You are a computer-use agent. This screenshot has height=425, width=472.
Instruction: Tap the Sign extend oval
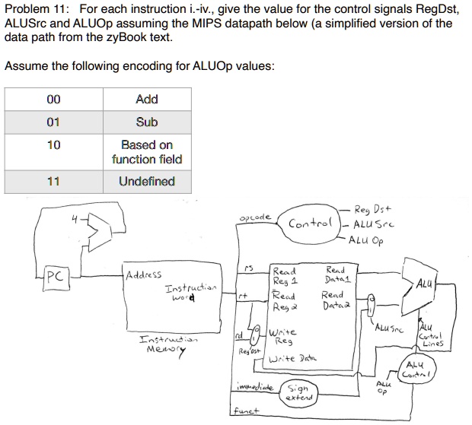(x=298, y=393)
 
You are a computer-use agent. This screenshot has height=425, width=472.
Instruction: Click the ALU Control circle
(x=416, y=369)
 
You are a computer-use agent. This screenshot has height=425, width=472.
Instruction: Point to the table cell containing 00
(x=53, y=99)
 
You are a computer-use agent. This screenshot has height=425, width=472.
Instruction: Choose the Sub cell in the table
(x=147, y=122)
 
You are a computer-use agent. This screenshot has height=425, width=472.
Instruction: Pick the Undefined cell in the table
(x=147, y=182)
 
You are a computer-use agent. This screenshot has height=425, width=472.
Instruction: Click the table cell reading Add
(x=147, y=99)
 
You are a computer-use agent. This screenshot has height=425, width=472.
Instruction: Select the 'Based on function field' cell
(x=147, y=152)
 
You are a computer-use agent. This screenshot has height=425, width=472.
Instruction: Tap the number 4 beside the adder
(x=75, y=220)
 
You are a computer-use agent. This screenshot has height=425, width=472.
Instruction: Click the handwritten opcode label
(x=255, y=217)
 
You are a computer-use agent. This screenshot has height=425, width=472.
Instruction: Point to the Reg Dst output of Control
(x=373, y=209)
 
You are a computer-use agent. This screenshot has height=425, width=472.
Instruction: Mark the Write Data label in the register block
(x=292, y=359)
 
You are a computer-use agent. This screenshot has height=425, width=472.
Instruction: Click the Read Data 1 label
(x=338, y=274)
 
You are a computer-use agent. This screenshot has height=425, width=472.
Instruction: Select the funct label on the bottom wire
(x=247, y=411)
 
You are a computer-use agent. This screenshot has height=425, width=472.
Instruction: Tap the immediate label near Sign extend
(x=255, y=387)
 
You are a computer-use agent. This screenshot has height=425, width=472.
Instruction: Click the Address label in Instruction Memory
(x=144, y=274)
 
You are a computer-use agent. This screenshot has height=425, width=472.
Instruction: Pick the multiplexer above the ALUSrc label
(x=371, y=305)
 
